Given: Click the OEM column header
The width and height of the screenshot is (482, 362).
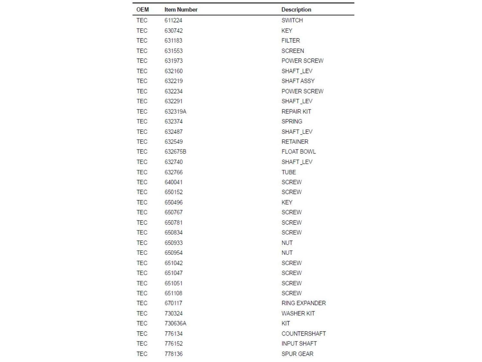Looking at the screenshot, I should click(x=142, y=10).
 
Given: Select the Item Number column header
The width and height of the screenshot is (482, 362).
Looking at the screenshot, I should click(x=181, y=10).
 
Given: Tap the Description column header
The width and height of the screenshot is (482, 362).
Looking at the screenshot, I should click(x=296, y=10).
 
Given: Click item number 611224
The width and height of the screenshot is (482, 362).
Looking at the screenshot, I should click(x=173, y=20).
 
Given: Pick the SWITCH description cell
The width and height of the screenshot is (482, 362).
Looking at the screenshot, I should click(x=292, y=20).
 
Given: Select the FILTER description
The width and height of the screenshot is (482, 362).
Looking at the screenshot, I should click(x=290, y=41).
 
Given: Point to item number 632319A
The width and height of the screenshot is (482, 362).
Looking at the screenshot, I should click(x=175, y=111).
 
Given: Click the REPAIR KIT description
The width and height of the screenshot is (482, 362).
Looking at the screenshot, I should click(x=296, y=111).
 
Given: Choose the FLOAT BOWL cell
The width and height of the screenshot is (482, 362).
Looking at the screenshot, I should click(x=299, y=152).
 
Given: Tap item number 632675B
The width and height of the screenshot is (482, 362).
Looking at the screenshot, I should click(x=175, y=152).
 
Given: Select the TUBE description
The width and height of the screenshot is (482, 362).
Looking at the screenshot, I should click(x=289, y=172).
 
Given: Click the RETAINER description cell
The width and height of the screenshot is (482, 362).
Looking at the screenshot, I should click(x=295, y=142).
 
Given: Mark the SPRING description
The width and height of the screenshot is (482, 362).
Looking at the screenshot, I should click(x=292, y=121).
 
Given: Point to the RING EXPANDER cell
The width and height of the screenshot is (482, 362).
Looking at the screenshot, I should click(x=304, y=303).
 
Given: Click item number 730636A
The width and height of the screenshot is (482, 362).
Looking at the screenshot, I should click(x=175, y=323).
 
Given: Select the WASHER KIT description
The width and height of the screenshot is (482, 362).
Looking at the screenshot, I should click(x=298, y=313).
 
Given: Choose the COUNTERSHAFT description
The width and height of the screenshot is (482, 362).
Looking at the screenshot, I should click(x=304, y=334).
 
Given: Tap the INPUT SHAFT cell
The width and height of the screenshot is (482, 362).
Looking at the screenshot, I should click(x=299, y=344).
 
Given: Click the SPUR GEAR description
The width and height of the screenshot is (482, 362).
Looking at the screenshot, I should click(x=297, y=354).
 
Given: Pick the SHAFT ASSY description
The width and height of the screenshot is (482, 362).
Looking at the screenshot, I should click(x=298, y=81).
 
